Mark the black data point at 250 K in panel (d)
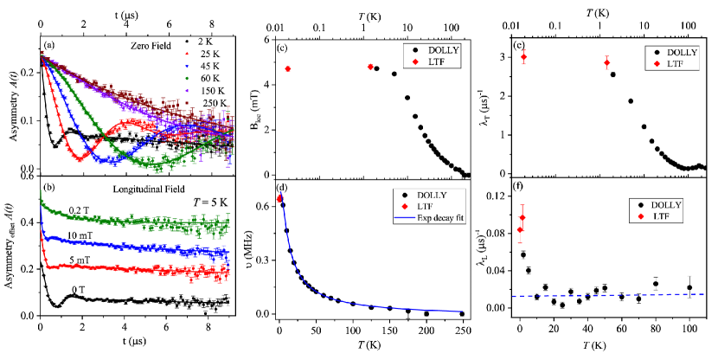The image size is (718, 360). (462, 313)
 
